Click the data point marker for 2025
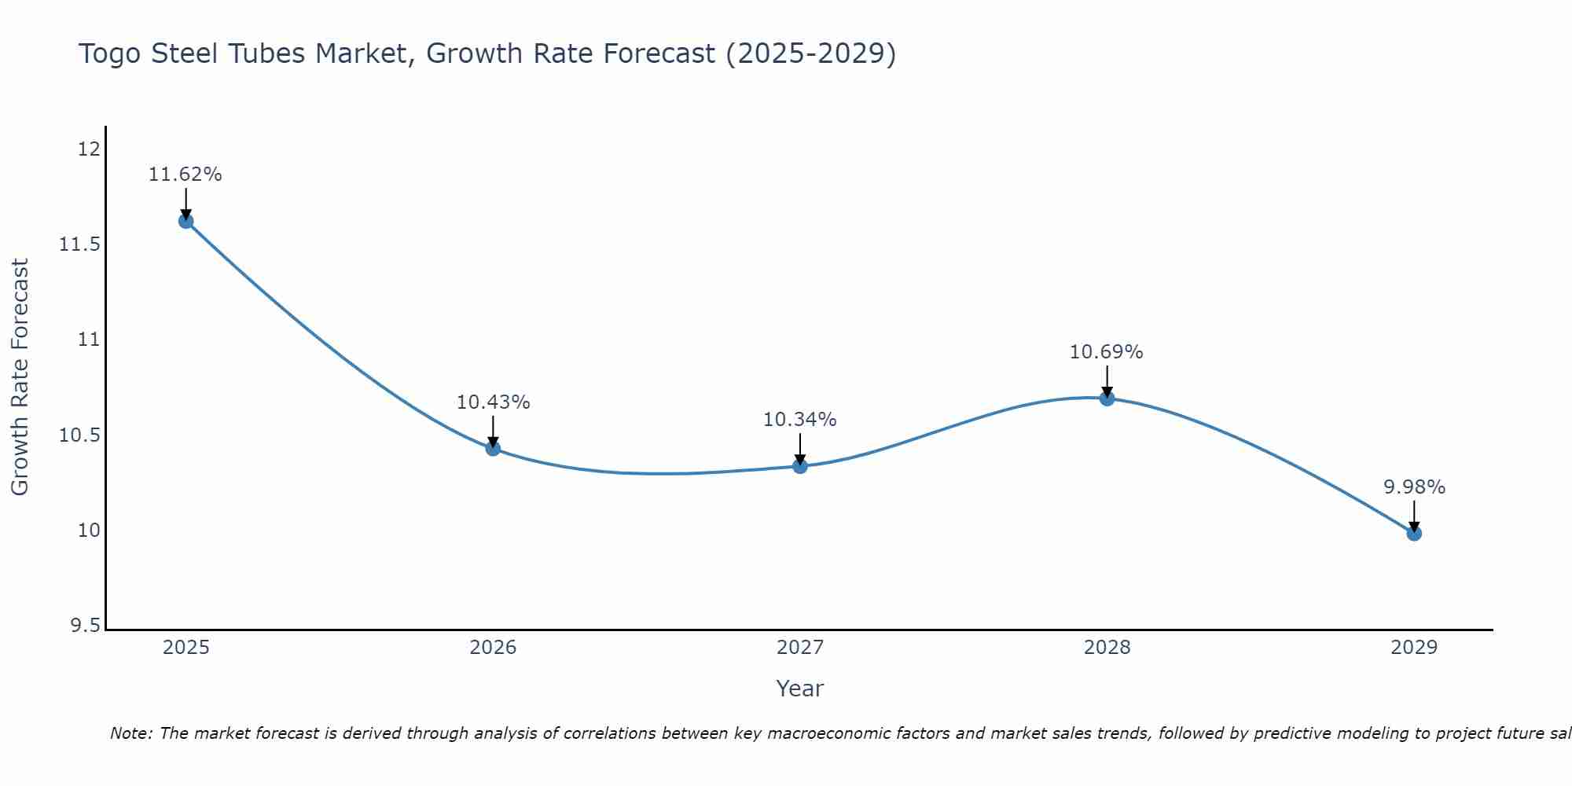pos(185,221)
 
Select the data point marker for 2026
pos(493,448)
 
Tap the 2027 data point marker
pos(800,466)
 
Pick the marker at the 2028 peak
pos(1107,399)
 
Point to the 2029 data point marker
pos(1414,534)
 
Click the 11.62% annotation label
pos(185,174)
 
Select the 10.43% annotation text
pos(493,402)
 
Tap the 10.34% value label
pos(800,420)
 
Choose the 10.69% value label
pos(1107,352)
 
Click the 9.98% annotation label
pos(1414,487)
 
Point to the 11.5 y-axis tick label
pos(79,244)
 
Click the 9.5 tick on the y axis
pos(85,626)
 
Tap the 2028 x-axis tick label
pos(1107,648)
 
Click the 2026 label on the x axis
pos(493,648)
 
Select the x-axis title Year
pos(799,689)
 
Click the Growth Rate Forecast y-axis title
pos(20,377)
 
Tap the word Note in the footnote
pos(131,733)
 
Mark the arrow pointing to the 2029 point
pos(1414,516)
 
